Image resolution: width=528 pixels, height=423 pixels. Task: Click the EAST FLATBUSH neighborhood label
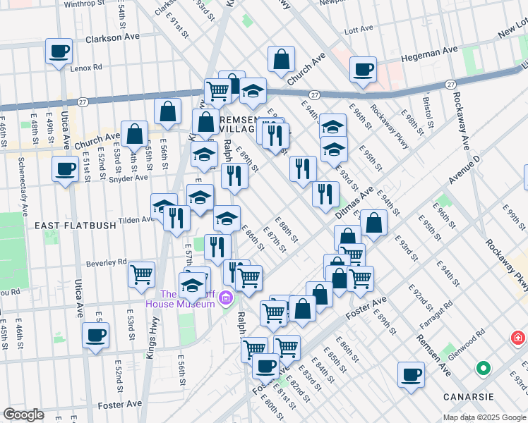(x=70, y=225)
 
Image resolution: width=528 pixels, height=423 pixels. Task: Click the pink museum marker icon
(x=226, y=299)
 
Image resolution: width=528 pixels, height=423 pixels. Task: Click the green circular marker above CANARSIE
(x=483, y=368)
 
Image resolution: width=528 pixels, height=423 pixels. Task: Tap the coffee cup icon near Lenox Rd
(x=59, y=51)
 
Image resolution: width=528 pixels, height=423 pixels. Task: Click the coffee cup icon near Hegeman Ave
(x=364, y=69)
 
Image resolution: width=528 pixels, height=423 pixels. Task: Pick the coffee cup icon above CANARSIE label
(x=411, y=374)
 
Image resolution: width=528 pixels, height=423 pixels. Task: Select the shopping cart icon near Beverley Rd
(x=142, y=274)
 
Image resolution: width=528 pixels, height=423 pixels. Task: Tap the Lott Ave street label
(x=358, y=30)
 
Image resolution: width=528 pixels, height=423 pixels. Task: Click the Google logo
(x=23, y=415)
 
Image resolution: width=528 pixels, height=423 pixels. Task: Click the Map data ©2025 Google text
(x=484, y=417)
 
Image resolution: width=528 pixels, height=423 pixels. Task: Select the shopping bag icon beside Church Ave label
(x=134, y=133)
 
